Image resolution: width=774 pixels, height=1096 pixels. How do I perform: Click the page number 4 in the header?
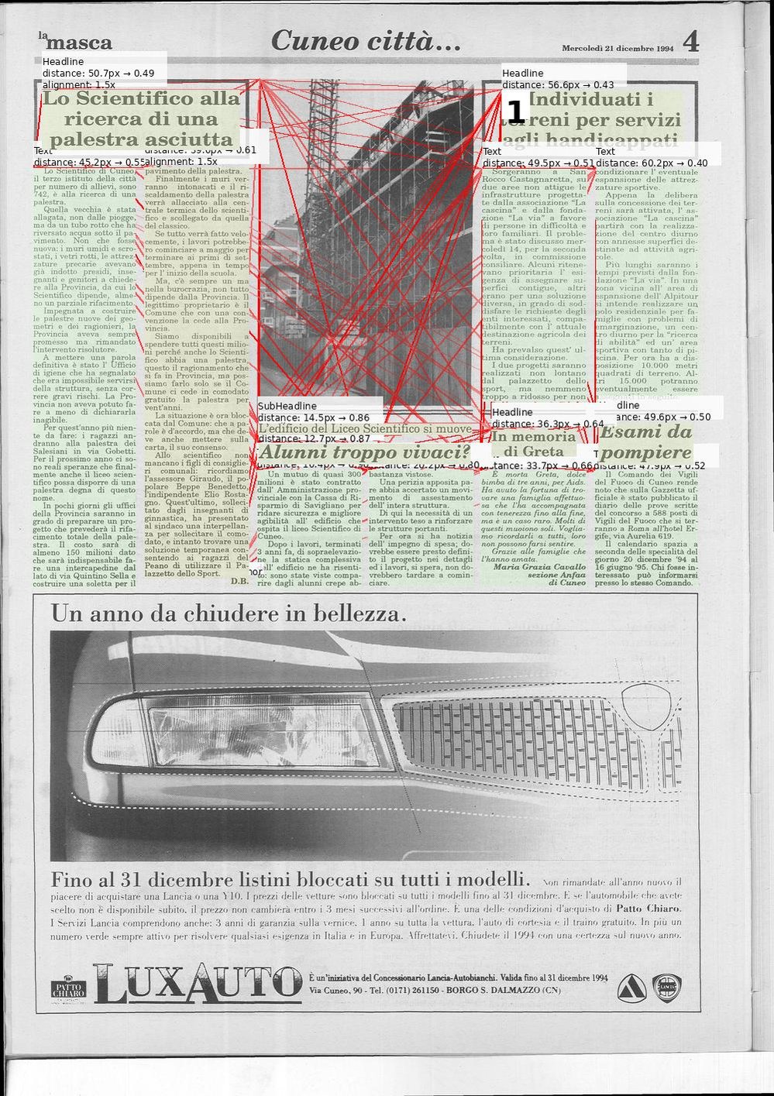click(690, 41)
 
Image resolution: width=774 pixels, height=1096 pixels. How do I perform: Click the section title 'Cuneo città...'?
click(366, 41)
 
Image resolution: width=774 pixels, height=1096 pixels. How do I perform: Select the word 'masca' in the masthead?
click(79, 43)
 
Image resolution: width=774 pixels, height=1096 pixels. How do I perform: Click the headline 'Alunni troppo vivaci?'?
click(364, 452)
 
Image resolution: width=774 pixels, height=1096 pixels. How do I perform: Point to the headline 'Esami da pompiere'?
click(645, 442)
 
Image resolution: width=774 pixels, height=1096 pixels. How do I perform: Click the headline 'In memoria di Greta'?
click(534, 444)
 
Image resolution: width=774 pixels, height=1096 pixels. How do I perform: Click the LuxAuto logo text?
click(198, 983)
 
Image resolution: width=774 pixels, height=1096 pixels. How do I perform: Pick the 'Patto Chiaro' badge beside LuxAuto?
click(69, 989)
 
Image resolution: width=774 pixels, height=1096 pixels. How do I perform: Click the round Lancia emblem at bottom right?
click(666, 987)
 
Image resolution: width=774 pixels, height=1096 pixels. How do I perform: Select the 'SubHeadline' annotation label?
click(287, 406)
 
